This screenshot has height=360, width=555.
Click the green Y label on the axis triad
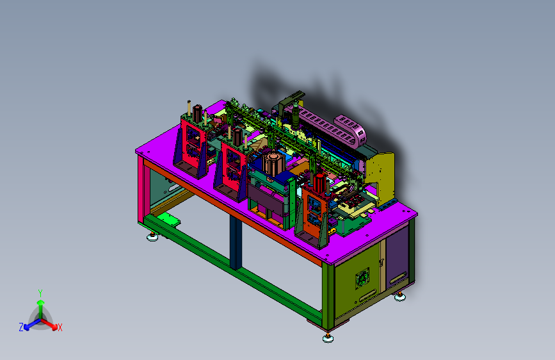[40, 293]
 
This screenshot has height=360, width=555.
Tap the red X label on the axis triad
[60, 327]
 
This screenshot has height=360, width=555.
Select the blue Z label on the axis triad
[21, 327]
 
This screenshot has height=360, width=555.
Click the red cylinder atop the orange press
[319, 183]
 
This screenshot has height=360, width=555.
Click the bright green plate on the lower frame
[168, 219]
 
